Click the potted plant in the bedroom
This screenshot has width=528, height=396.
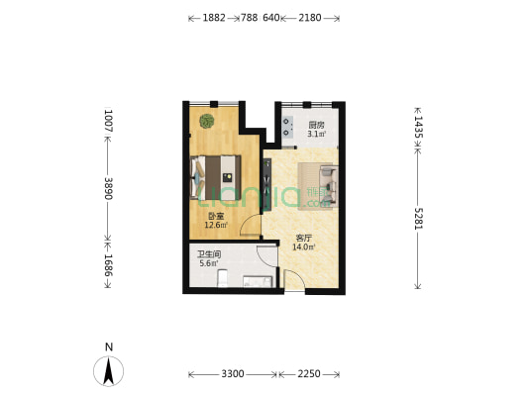206,122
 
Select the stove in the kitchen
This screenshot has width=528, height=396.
289,126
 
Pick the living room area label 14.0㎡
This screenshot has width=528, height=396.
305,243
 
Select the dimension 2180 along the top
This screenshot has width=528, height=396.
312,18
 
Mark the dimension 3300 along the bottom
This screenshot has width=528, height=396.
232,374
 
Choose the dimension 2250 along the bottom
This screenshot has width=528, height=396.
309,374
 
